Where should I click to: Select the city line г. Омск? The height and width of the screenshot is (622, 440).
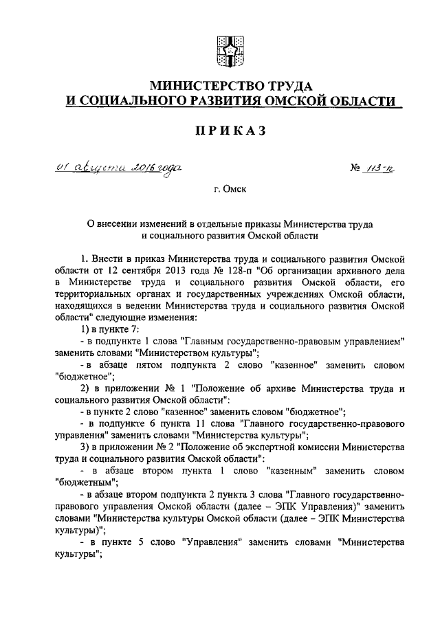[230, 187]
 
